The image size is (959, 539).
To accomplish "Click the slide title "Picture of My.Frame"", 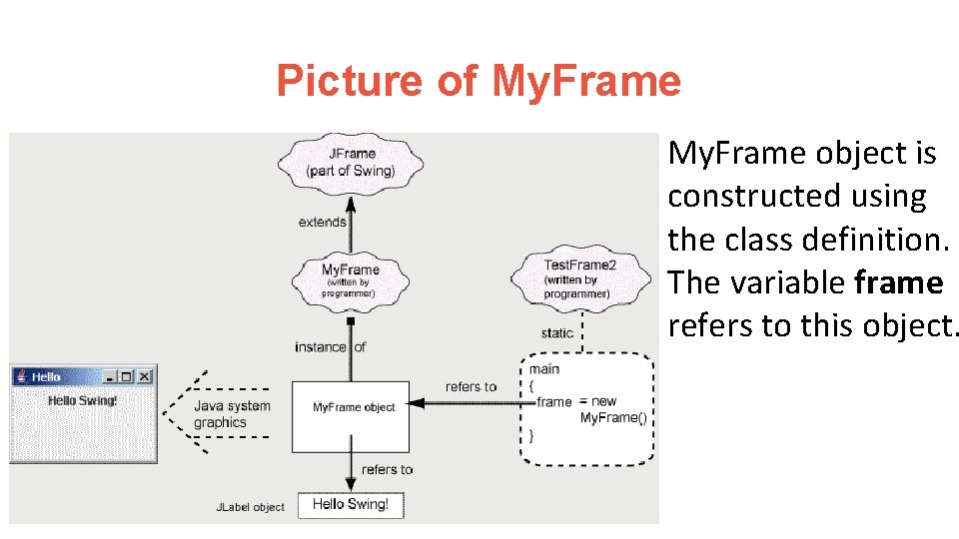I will [x=479, y=81].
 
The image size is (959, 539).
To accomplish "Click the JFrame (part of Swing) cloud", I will [x=351, y=162].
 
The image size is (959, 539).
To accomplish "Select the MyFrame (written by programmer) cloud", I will [x=350, y=280].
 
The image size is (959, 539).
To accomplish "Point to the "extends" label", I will [x=322, y=222].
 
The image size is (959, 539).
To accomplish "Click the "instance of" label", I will [x=330, y=347].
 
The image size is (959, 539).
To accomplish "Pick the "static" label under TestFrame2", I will [x=556, y=333].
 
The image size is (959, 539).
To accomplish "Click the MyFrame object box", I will [x=351, y=414].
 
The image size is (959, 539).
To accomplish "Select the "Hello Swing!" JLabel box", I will [x=351, y=504].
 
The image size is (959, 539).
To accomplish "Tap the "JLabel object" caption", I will [x=251, y=507].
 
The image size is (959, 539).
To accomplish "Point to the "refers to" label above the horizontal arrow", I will [x=471, y=387].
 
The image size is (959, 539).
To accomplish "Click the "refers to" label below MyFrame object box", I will [x=387, y=469].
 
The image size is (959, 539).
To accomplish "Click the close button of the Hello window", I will [x=145, y=376].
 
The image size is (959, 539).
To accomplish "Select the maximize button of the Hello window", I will [x=127, y=376].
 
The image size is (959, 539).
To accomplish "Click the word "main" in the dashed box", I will [x=544, y=369].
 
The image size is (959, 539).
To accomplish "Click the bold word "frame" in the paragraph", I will [x=899, y=283].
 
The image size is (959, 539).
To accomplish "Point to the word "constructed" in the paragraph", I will [x=751, y=197].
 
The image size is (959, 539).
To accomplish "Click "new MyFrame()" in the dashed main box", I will [x=610, y=410].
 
